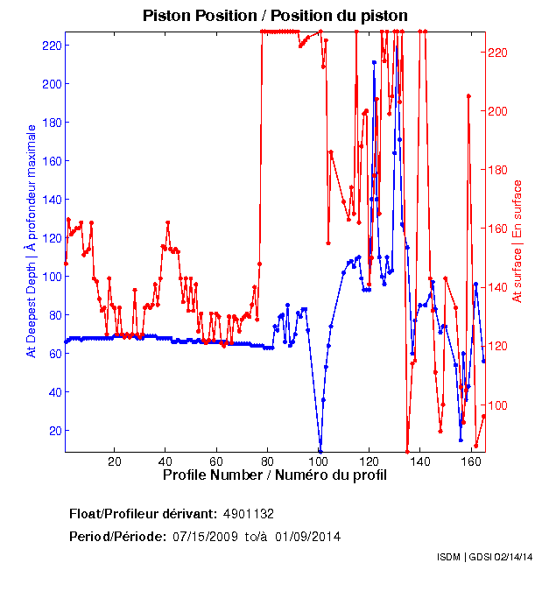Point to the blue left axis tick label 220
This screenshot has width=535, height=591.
click(x=51, y=45)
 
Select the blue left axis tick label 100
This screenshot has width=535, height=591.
click(x=51, y=276)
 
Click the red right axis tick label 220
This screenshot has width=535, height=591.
click(x=497, y=53)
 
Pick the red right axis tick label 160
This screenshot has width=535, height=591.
click(x=497, y=229)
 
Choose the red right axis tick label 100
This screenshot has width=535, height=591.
click(x=497, y=405)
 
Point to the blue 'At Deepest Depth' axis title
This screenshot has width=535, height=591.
click(x=32, y=241)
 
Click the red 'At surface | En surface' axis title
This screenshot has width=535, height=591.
click(x=517, y=241)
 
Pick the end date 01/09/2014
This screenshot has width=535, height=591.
click(x=308, y=537)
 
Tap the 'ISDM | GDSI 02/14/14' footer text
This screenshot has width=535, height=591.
click(x=485, y=557)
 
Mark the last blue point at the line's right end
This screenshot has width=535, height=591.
click(x=483, y=361)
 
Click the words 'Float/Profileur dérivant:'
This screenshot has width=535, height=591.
click(x=144, y=513)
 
